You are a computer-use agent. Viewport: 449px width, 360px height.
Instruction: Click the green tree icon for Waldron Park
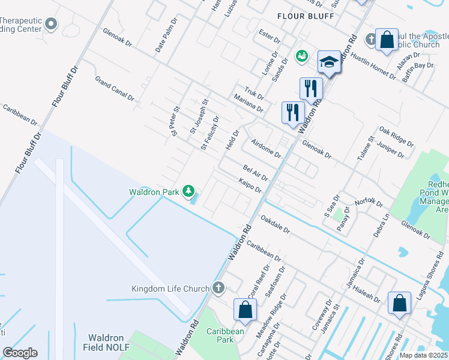pyautogui.click(x=189, y=191)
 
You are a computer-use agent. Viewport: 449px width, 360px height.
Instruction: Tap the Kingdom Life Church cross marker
pyautogui.click(x=218, y=289)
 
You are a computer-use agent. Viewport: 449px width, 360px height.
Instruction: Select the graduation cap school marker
pyautogui.click(x=329, y=62)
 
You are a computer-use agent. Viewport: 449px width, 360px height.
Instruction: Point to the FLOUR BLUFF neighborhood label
pyautogui.click(x=306, y=16)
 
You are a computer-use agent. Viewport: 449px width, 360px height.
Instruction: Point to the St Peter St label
pyautogui.click(x=176, y=121)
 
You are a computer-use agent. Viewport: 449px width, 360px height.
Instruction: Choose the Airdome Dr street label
pyautogui.click(x=266, y=147)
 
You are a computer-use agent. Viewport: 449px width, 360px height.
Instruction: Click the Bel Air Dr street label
pyautogui.click(x=255, y=173)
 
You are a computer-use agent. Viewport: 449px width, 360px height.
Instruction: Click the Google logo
pyautogui.click(x=20, y=353)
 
